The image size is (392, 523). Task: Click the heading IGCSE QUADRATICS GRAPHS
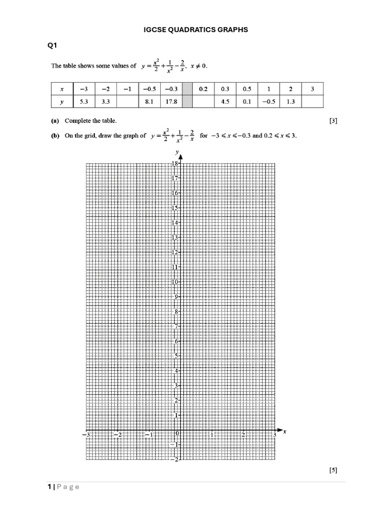click(x=196, y=30)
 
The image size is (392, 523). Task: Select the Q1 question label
click(x=53, y=46)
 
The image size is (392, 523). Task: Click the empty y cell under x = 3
click(x=312, y=102)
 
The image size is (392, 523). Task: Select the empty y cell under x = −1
click(x=127, y=102)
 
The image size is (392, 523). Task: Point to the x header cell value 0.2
click(x=204, y=89)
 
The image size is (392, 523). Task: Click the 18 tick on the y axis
click(x=175, y=163)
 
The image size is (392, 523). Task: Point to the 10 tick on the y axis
click(x=175, y=282)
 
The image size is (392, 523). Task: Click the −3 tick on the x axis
click(x=86, y=435)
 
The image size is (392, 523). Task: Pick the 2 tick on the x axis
click(x=243, y=435)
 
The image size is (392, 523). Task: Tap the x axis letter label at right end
click(x=284, y=432)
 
